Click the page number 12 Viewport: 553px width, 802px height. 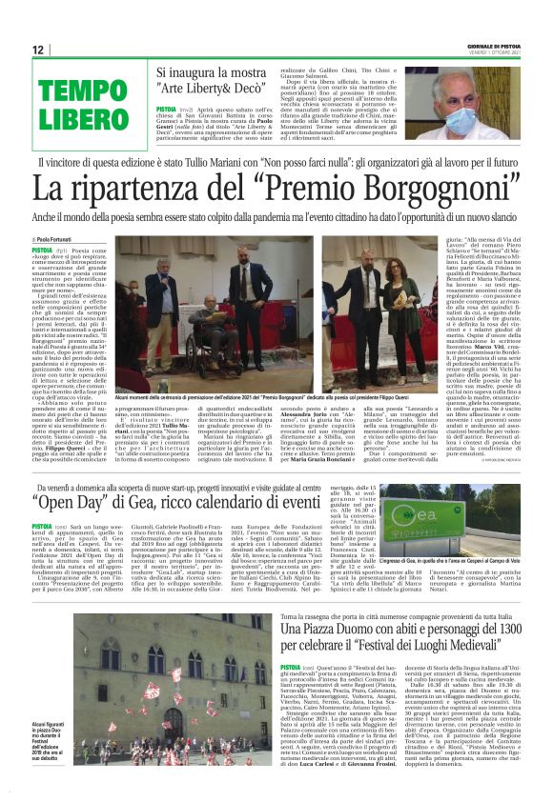pos(37,50)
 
